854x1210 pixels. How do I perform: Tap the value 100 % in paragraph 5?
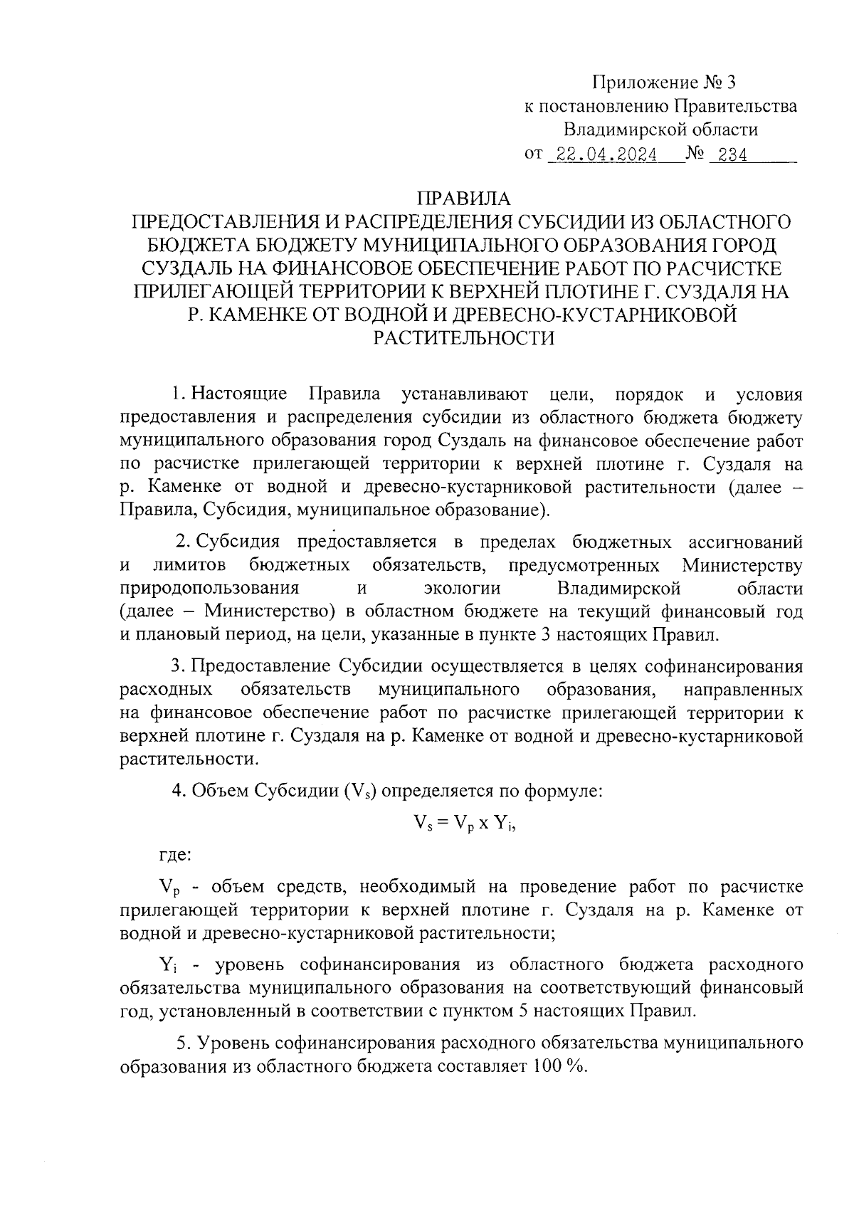[555, 1066]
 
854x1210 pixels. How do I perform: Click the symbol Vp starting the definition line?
[167, 888]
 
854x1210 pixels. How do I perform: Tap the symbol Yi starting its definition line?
[167, 966]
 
